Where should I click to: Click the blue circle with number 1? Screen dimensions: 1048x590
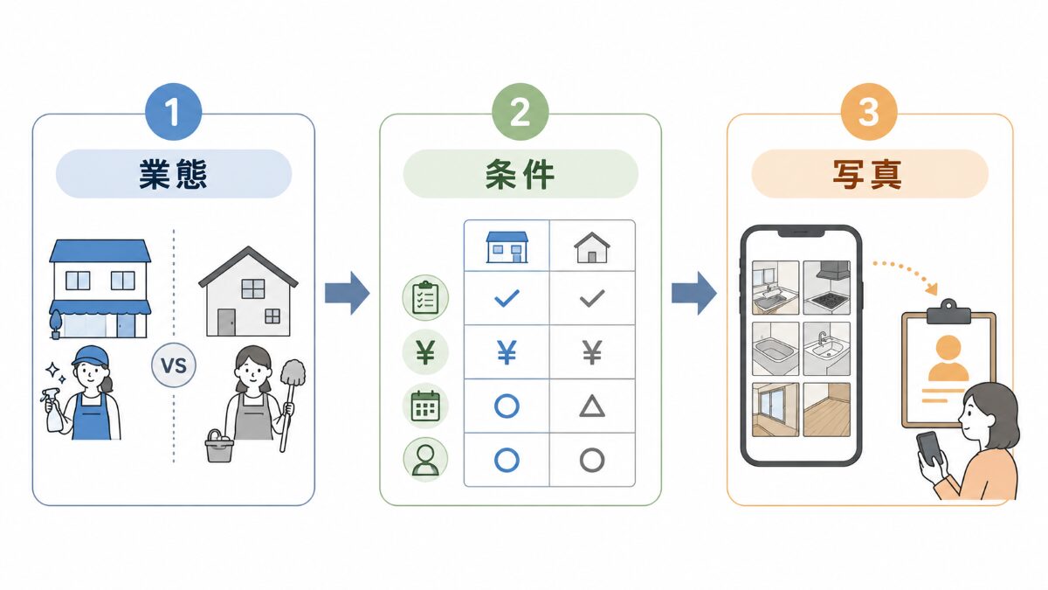(x=174, y=112)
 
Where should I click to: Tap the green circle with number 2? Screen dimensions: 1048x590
(x=520, y=112)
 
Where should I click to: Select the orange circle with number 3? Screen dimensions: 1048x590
(x=869, y=112)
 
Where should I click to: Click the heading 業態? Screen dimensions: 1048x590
(x=173, y=174)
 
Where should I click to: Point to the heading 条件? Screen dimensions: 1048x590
(x=520, y=174)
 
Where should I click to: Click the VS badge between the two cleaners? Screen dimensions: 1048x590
(x=174, y=365)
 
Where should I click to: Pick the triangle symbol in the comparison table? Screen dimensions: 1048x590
(x=592, y=406)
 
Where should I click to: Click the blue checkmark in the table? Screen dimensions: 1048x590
(x=507, y=298)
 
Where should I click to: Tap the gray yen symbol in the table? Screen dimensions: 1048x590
(x=592, y=352)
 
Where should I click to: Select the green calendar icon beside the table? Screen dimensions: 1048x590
(x=425, y=406)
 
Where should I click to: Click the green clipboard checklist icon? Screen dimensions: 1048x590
(x=425, y=297)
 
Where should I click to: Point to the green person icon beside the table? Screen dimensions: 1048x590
(x=425, y=460)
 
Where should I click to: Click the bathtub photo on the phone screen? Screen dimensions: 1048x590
(x=776, y=349)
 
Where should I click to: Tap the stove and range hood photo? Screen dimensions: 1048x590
(x=827, y=288)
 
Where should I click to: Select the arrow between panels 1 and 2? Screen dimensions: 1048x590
(x=348, y=293)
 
